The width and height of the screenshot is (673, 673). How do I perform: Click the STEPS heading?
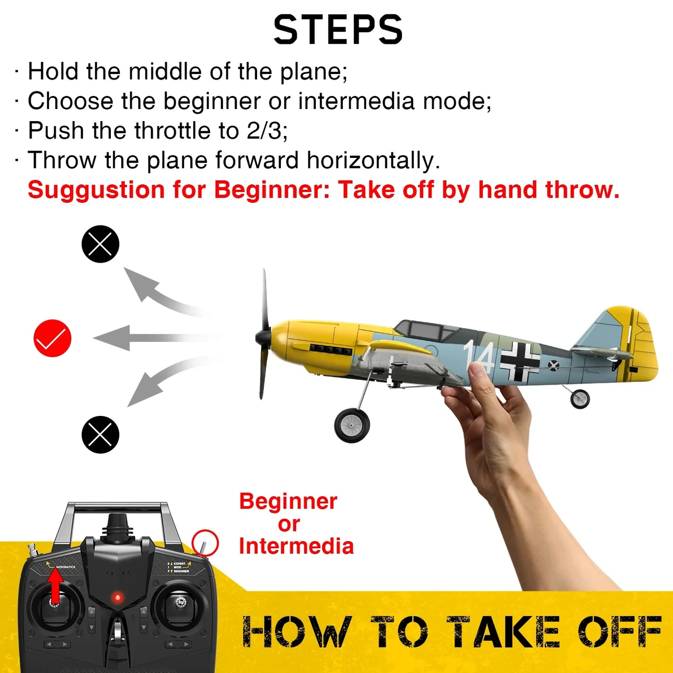[338, 30]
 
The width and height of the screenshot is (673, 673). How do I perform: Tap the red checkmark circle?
[53, 338]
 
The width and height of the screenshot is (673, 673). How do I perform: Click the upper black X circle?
[100, 244]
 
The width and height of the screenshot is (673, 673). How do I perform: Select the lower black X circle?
[100, 435]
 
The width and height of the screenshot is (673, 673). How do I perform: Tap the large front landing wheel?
[352, 425]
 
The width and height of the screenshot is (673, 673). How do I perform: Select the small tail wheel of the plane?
[580, 399]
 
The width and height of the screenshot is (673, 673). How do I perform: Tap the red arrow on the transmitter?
[55, 586]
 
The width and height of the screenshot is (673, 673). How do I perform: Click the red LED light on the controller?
[117, 597]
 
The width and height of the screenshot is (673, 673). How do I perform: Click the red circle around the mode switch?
[205, 543]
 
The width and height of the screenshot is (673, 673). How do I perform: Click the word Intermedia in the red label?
[296, 546]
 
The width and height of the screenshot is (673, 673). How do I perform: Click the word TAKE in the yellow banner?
[503, 632]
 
